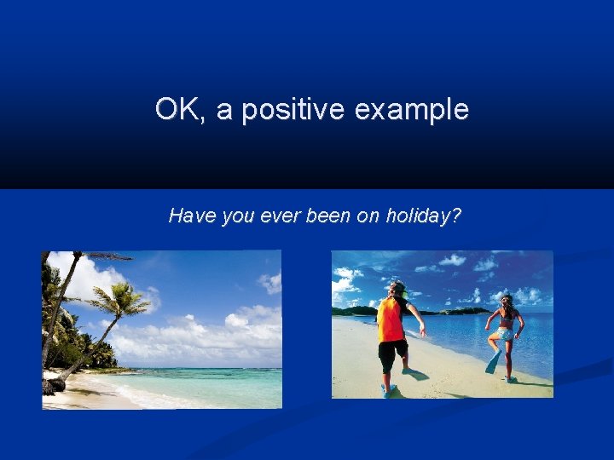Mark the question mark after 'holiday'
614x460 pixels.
[456, 216]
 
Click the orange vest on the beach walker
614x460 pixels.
[391, 319]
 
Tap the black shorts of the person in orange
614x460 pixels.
[392, 353]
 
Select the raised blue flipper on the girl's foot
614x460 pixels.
[492, 363]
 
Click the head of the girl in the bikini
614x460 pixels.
[507, 301]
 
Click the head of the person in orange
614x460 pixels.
[395, 289]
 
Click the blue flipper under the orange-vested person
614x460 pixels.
[390, 391]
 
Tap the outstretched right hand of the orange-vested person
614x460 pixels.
[422, 333]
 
